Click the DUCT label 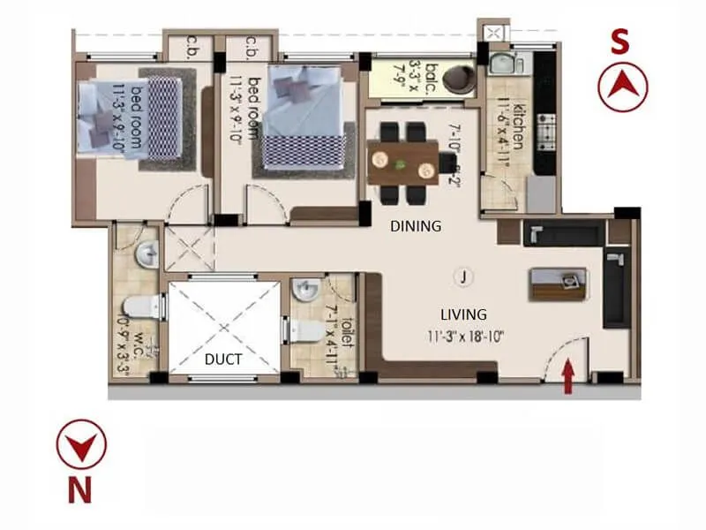tap(224, 360)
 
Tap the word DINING tap(416, 226)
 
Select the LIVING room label tap(463, 314)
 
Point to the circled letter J tap(462, 276)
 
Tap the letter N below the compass tap(80, 490)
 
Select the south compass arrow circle tap(623, 86)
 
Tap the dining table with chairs tap(403, 163)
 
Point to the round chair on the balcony tap(459, 78)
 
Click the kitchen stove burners tap(546, 132)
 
